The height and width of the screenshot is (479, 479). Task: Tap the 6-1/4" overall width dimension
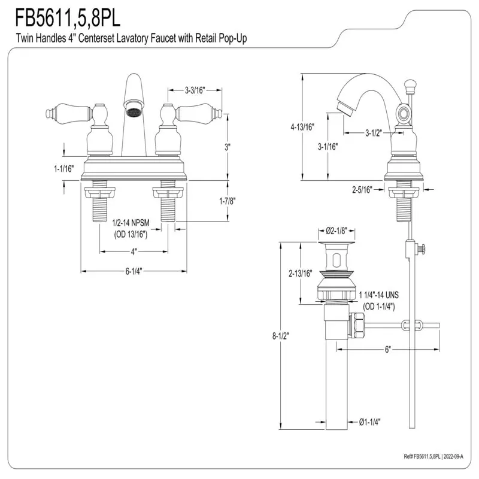click(133, 271)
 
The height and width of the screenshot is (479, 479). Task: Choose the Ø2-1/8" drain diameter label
click(337, 231)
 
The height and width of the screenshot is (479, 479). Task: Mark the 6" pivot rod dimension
click(387, 350)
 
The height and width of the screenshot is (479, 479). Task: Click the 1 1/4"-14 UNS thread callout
click(378, 296)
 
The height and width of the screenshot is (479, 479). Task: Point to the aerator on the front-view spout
click(133, 111)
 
